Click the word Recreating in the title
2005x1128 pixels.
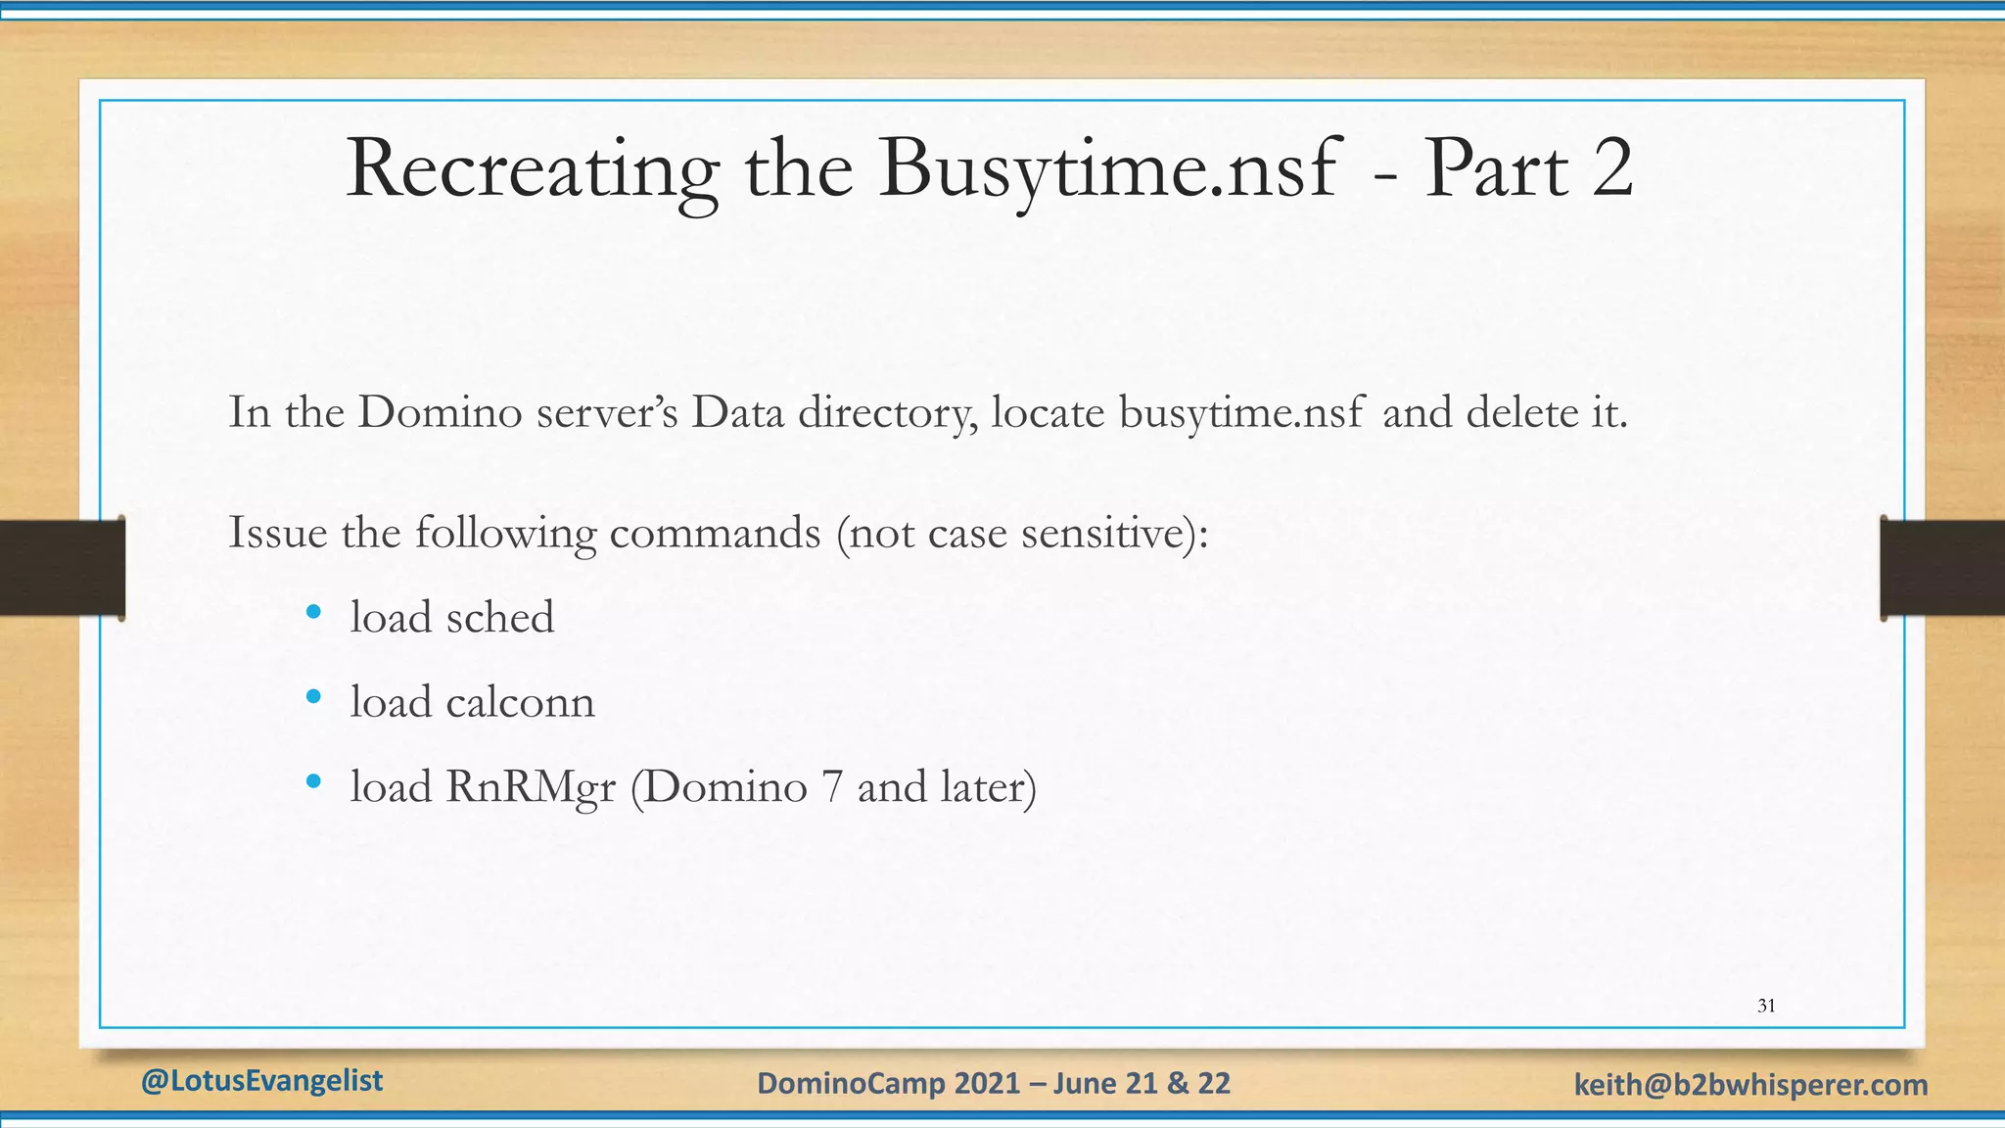click(x=532, y=170)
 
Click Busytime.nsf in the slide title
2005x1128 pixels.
click(x=1107, y=170)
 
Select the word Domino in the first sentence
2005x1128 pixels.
click(x=441, y=412)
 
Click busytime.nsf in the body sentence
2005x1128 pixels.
click(x=1240, y=412)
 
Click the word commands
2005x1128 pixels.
click(x=715, y=533)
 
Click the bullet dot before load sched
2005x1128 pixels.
click(x=313, y=613)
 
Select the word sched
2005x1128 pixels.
click(x=500, y=618)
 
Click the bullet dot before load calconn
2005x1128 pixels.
click(x=313, y=697)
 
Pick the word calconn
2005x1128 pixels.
click(x=520, y=702)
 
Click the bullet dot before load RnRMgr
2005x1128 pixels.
click(x=313, y=781)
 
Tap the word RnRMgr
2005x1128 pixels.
click(x=531, y=787)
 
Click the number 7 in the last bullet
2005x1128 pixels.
click(x=832, y=787)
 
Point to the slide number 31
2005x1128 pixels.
click(x=1766, y=1006)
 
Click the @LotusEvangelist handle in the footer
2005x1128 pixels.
click(x=261, y=1081)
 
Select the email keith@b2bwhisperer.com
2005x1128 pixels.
click(x=1750, y=1085)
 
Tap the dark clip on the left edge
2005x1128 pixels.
click(x=62, y=568)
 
